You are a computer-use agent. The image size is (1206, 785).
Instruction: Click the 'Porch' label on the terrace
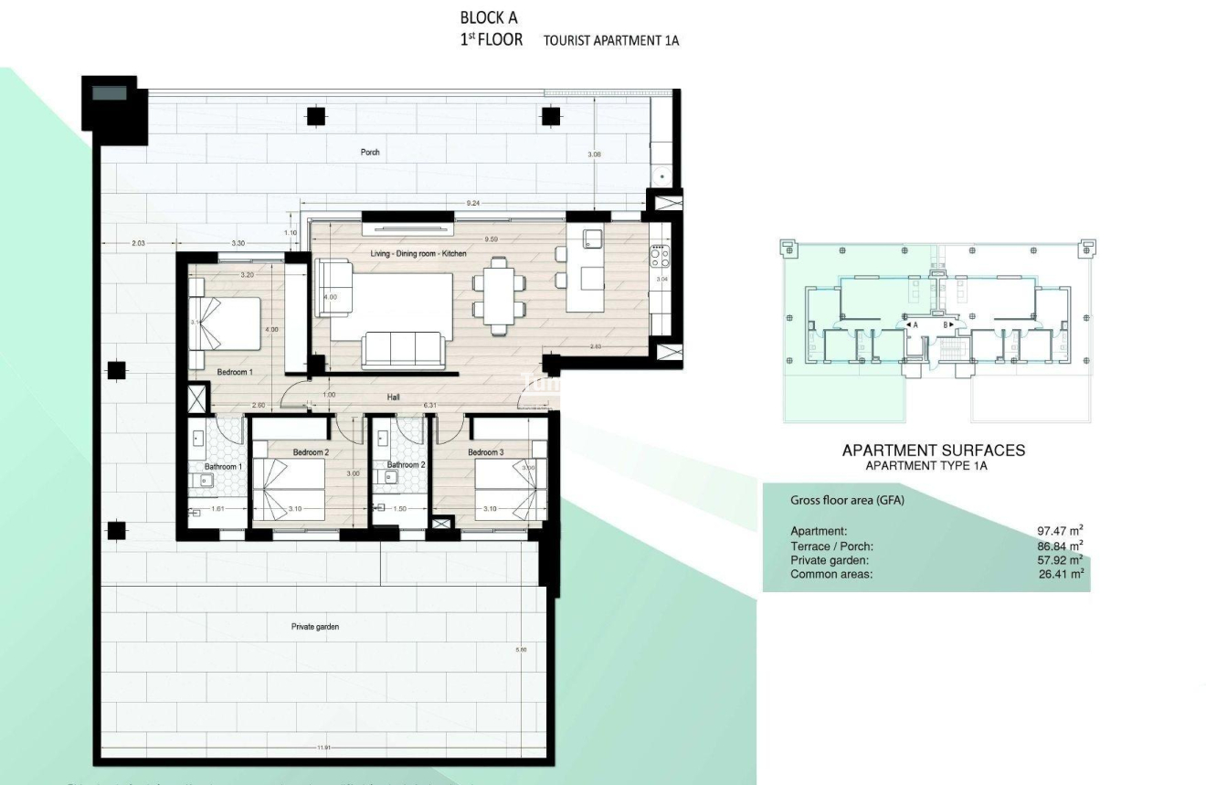coord(369,152)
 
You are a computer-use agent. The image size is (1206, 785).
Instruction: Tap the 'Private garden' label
coord(315,627)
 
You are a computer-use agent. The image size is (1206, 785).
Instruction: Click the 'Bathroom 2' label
coord(406,465)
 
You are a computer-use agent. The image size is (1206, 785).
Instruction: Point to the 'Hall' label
coord(393,398)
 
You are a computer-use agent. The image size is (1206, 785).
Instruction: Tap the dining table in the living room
coord(498,295)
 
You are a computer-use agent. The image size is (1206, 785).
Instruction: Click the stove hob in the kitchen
coord(660,255)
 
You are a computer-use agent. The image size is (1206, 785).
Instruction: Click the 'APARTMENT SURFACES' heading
coord(933,450)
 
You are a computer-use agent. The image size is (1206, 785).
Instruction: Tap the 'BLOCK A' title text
coord(488,17)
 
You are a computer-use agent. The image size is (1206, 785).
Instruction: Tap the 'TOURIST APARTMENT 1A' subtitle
coord(611,41)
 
